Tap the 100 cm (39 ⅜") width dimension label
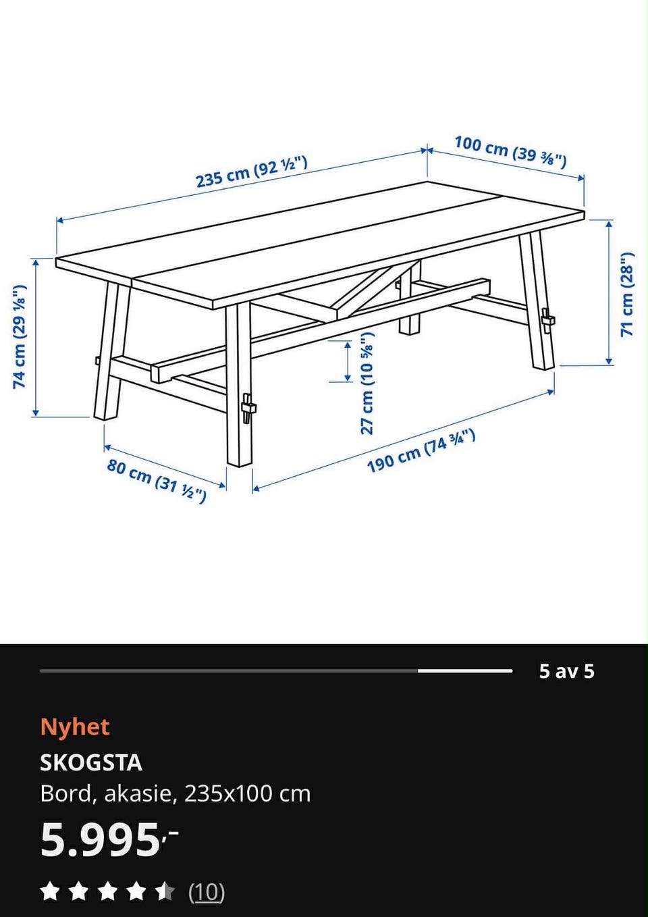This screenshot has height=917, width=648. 511,152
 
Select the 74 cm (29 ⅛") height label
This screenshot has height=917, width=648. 20,336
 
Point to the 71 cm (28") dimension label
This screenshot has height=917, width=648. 626,294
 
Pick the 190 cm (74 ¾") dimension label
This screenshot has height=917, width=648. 421,450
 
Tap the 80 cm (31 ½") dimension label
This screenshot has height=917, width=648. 157,481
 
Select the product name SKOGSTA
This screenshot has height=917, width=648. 91,763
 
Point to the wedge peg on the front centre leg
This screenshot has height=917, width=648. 248,408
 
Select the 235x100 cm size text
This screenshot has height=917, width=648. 247,794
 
